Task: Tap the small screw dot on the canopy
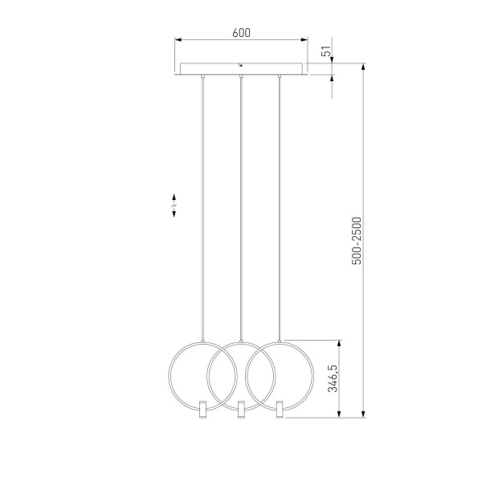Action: [241, 65]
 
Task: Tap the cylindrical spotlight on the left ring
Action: [203, 409]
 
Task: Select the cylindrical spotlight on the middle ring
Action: [241, 409]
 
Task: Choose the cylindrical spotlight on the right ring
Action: [279, 409]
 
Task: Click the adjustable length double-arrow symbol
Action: [174, 206]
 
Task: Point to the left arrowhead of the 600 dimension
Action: [178, 39]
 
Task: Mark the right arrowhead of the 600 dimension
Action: [304, 39]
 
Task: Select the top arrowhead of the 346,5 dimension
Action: [342, 341]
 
